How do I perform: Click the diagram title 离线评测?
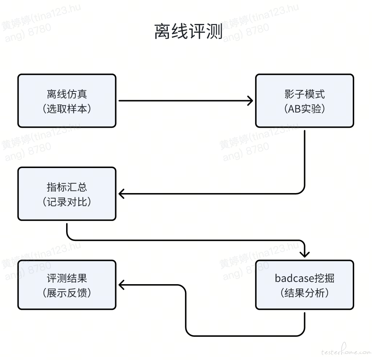pyautogui.click(x=189, y=31)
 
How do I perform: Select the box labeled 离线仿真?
pyautogui.click(x=67, y=101)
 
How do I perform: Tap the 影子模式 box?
pyautogui.click(x=305, y=101)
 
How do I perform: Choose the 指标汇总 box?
pyautogui.click(x=67, y=194)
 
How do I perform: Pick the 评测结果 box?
pyautogui.click(x=67, y=285)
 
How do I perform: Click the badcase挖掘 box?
pyautogui.click(x=305, y=285)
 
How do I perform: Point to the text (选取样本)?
pyautogui.click(x=67, y=109)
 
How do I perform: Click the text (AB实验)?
pyautogui.click(x=305, y=109)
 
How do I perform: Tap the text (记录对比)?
pyautogui.click(x=67, y=202)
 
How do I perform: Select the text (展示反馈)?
pyautogui.click(x=67, y=293)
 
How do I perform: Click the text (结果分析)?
pyautogui.click(x=305, y=293)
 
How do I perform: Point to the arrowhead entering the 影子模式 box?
pyautogui.click(x=251, y=101)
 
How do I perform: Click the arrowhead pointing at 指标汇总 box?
pyautogui.click(x=121, y=194)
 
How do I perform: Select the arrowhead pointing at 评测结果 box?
pyautogui.click(x=121, y=285)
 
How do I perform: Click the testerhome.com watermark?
pyautogui.click(x=346, y=351)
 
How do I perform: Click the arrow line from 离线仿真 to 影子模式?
pyautogui.click(x=186, y=101)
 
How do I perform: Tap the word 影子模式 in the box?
pyautogui.click(x=305, y=94)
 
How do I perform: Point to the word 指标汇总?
pyautogui.click(x=67, y=187)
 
